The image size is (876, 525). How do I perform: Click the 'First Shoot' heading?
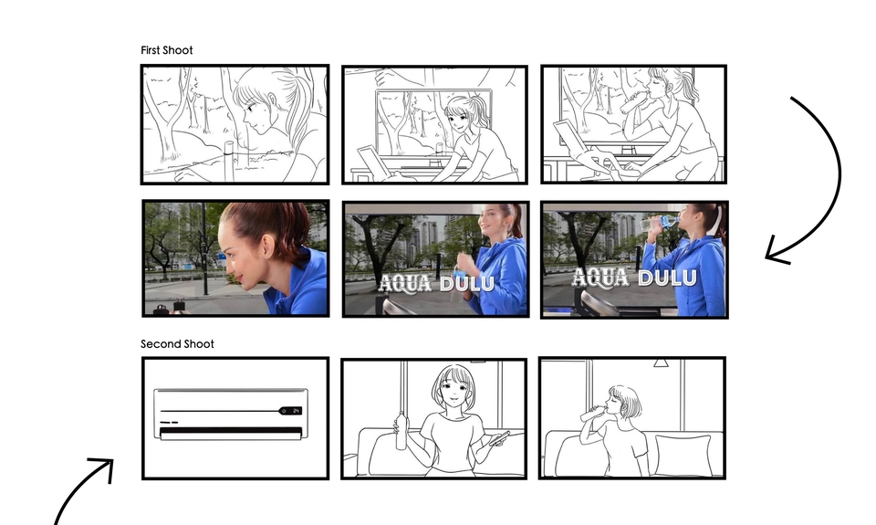pyautogui.click(x=166, y=50)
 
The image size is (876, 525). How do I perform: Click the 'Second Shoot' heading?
pyautogui.click(x=177, y=344)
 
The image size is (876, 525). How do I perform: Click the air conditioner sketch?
pyautogui.click(x=231, y=414)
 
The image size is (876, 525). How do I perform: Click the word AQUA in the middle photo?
pyautogui.click(x=405, y=283)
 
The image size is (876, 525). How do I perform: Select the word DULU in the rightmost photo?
pyautogui.click(x=667, y=278)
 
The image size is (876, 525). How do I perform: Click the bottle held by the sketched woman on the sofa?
pyautogui.click(x=401, y=431)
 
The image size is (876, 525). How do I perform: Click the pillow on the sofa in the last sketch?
pyautogui.click(x=683, y=455)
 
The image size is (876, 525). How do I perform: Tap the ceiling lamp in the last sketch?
pyautogui.click(x=661, y=362)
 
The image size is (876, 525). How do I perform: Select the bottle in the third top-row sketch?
pyautogui.click(x=631, y=102)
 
